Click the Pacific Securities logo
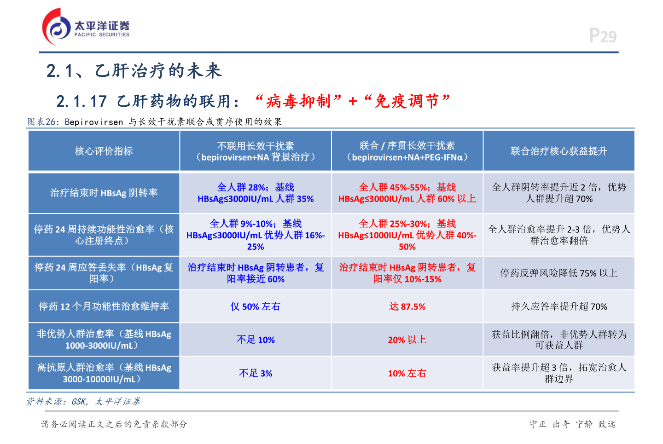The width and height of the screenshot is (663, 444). (x=86, y=27)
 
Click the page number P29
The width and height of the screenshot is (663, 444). (x=603, y=36)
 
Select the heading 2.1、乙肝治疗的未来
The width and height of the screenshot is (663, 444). (x=134, y=71)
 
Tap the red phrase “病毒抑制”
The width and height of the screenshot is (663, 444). (x=298, y=101)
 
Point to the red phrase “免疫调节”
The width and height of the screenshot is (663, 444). (x=407, y=101)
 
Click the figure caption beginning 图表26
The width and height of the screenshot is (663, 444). (x=154, y=122)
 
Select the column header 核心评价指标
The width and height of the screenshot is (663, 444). (x=104, y=151)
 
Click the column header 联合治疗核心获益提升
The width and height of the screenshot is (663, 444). (x=558, y=151)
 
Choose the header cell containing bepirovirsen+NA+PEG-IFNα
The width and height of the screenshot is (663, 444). (x=407, y=151)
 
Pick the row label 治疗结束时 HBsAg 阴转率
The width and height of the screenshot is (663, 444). (x=104, y=193)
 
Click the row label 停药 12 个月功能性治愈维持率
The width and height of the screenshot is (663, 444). (x=104, y=306)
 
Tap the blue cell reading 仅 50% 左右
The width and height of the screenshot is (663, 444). (x=256, y=306)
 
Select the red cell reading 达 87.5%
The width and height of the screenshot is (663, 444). (x=407, y=306)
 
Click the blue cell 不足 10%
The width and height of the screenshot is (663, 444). (x=256, y=340)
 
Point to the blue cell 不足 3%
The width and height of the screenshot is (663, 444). (x=256, y=373)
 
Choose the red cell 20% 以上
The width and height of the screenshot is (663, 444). (x=407, y=340)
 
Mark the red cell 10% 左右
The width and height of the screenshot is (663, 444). (x=407, y=373)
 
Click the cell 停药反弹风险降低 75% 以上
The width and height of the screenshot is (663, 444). (x=558, y=273)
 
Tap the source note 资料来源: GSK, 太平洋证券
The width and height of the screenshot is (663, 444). (x=83, y=402)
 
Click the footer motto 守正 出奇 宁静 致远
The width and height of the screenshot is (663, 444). (x=572, y=424)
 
